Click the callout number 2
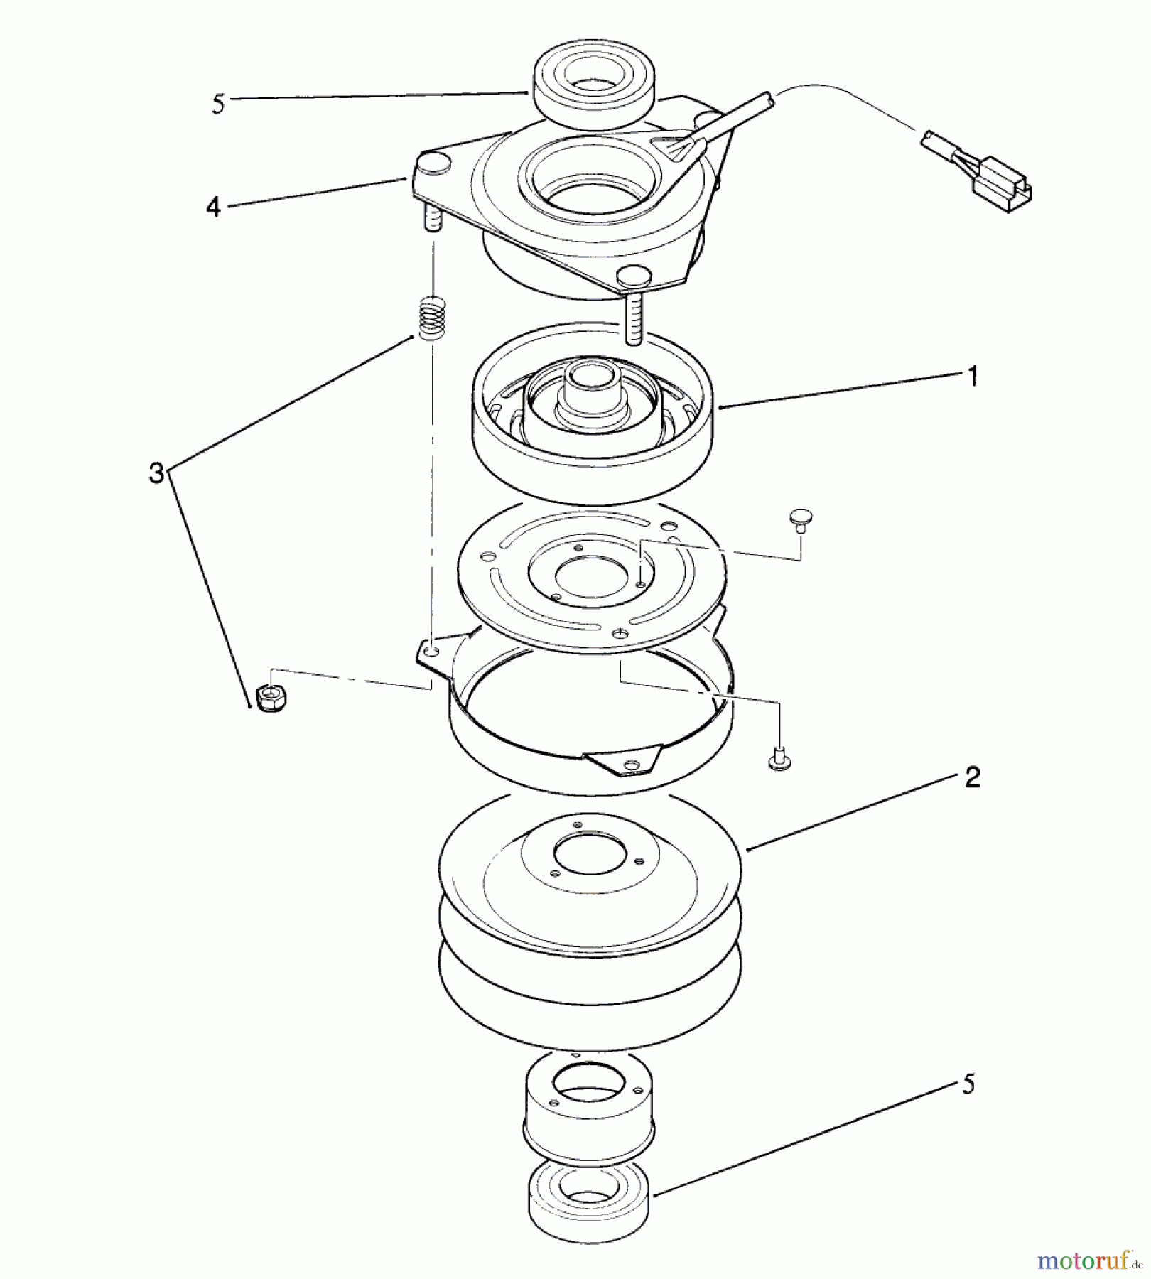[x=973, y=777]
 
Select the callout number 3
[x=156, y=472]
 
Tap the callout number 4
[x=213, y=207]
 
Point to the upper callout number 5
[x=218, y=104]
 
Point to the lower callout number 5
[x=968, y=1084]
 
